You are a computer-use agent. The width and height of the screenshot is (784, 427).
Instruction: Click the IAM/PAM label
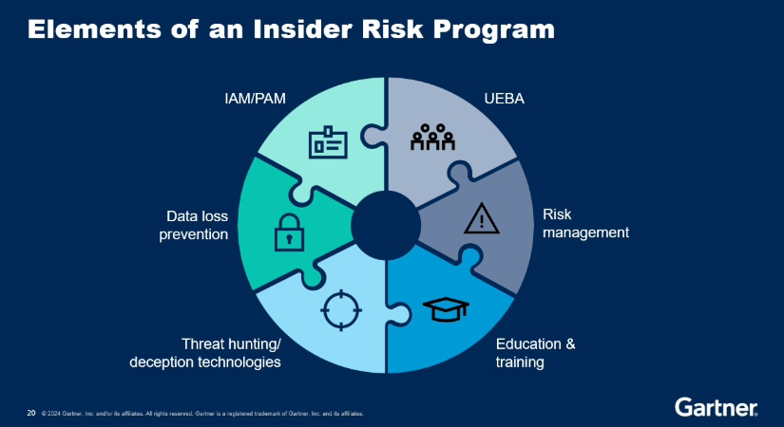(249, 98)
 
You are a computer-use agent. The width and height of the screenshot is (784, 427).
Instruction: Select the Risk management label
(585, 223)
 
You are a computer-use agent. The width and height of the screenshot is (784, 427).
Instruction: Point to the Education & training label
(535, 352)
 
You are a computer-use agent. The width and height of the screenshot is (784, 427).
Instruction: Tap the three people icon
(432, 139)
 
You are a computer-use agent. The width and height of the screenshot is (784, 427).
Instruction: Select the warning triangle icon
(482, 219)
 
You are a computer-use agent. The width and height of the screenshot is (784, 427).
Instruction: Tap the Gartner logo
(716, 408)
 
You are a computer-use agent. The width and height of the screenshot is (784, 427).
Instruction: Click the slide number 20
(31, 413)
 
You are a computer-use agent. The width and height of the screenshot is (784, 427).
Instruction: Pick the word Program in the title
(498, 29)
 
